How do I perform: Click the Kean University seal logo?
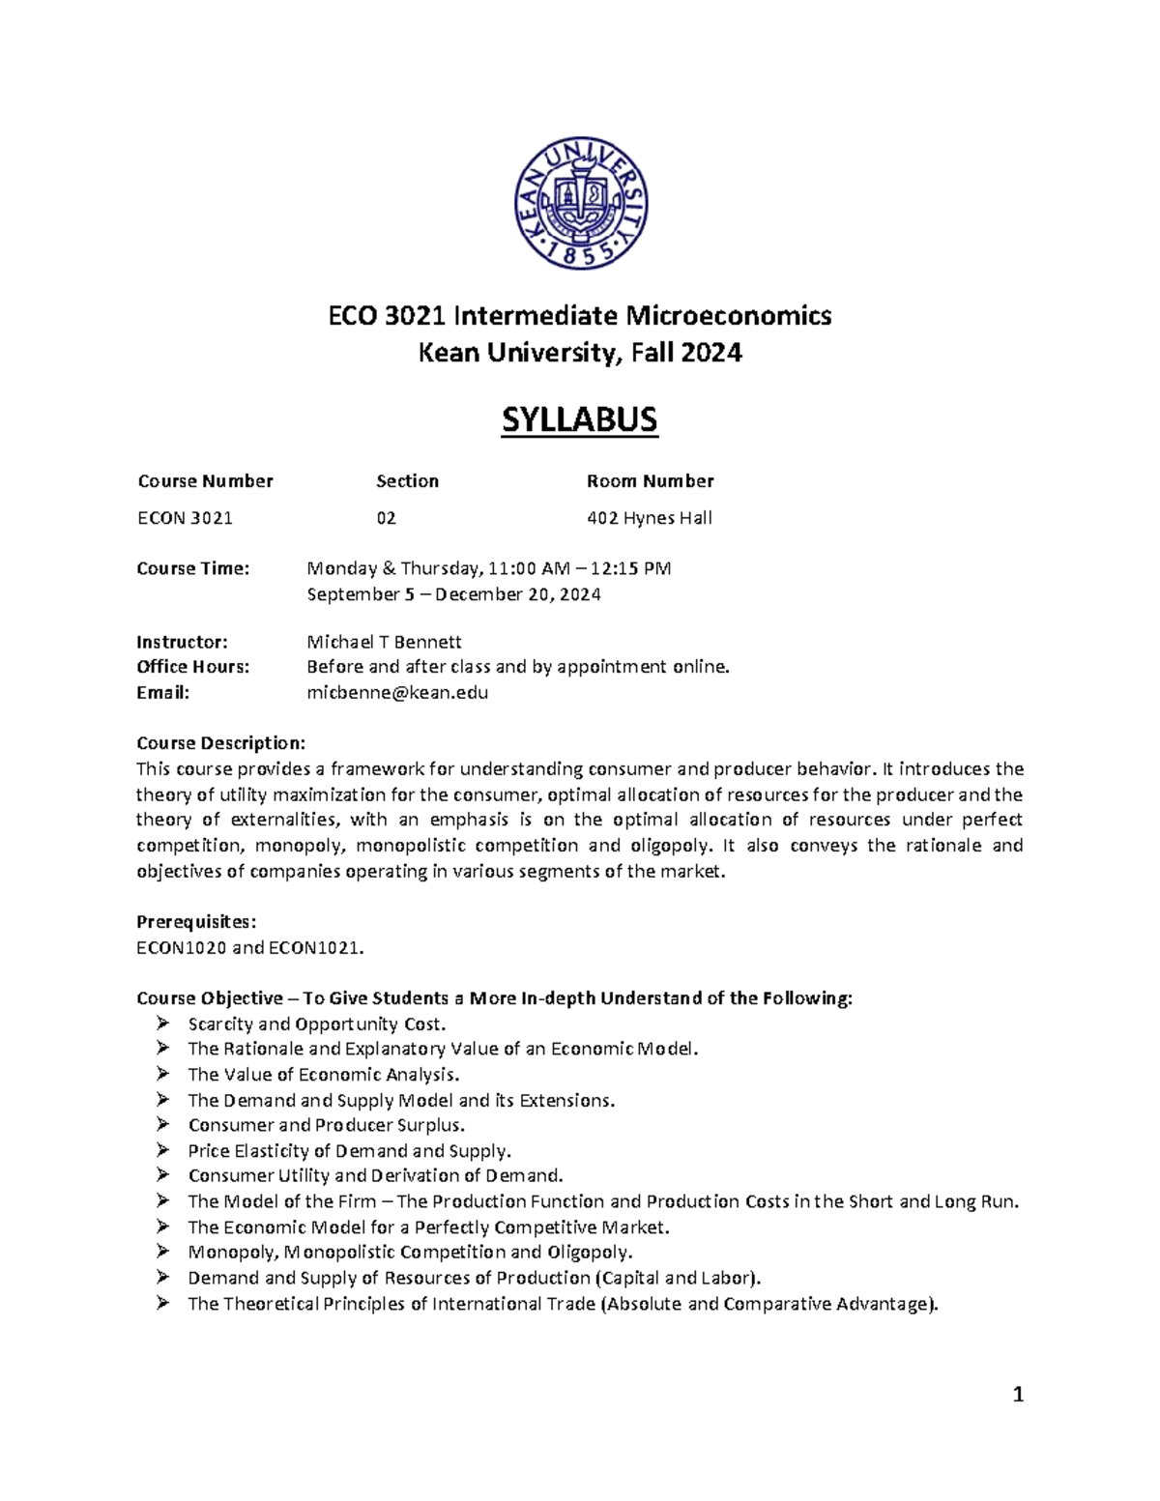tap(580, 204)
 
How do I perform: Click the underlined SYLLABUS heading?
tap(579, 420)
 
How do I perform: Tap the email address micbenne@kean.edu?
tap(397, 692)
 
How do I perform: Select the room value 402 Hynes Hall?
tap(649, 518)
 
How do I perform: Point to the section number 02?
tap(386, 518)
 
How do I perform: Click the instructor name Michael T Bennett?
tap(384, 642)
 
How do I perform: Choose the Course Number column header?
tap(205, 481)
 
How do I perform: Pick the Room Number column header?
tap(650, 481)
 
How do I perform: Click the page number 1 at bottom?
tap(1017, 1395)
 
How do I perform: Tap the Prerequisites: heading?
tap(196, 921)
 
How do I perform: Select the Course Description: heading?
tap(220, 743)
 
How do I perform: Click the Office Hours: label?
tap(192, 667)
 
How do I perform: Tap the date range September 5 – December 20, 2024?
tap(453, 594)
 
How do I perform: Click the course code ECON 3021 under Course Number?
tap(185, 518)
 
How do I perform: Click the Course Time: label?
tap(192, 568)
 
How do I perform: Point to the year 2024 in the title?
tap(710, 354)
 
